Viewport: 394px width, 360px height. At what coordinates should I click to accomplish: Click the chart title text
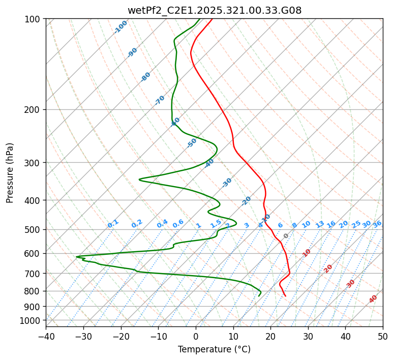pos(214,10)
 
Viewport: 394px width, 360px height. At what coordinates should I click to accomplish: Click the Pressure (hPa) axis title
pos(10,173)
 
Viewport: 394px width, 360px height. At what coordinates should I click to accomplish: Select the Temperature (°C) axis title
pos(214,349)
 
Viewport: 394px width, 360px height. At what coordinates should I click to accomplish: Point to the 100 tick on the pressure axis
pos(34,19)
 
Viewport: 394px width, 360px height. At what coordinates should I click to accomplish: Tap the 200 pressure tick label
pos(34,109)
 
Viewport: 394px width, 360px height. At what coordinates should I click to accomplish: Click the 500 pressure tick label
pos(34,229)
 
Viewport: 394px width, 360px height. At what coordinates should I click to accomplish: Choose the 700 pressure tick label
pos(34,274)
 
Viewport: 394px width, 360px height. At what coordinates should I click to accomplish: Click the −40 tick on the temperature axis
pos(46,336)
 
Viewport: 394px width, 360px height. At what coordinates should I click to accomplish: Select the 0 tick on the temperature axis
pos(196,336)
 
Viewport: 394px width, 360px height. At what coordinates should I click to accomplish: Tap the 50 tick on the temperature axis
pos(383,336)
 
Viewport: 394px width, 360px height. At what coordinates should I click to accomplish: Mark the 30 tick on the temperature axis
pos(308,336)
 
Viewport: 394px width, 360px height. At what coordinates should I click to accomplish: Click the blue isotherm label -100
pos(121,27)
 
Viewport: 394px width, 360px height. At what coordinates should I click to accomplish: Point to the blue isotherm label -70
pos(160,100)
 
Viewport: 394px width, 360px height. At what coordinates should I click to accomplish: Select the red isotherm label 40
pos(373,299)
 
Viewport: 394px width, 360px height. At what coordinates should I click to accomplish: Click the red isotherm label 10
pos(307,253)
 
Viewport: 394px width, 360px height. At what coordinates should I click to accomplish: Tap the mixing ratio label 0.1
pos(113,224)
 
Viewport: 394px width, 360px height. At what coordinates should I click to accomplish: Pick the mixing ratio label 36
pos(377,224)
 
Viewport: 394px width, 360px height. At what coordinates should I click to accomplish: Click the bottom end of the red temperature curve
pos(285,296)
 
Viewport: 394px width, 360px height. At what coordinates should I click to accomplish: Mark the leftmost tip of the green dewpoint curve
pos(76,257)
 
